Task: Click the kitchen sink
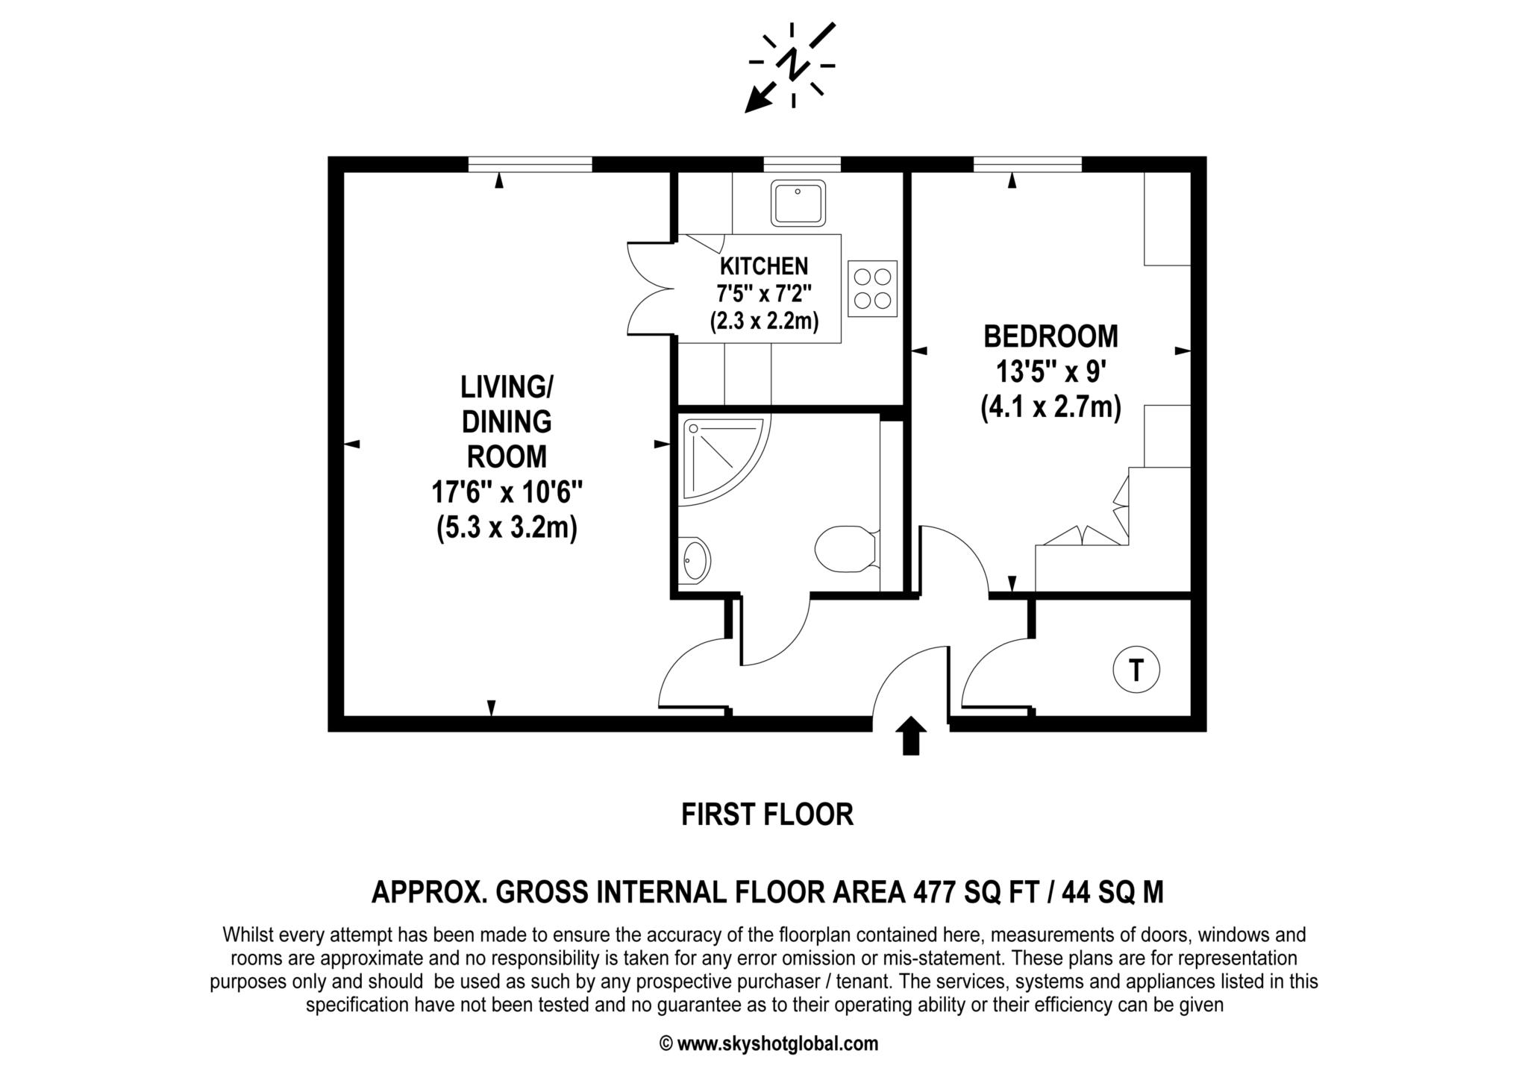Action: [798, 202]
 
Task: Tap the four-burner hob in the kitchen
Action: [873, 289]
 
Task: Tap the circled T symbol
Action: [1136, 670]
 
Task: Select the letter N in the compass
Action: [792, 65]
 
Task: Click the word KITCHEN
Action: [764, 266]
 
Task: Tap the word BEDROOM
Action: [1050, 336]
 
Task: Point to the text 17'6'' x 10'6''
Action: [507, 492]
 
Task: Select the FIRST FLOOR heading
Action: [767, 814]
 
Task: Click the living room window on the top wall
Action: [530, 164]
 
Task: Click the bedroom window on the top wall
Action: [1027, 164]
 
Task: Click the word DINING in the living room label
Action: [507, 422]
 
